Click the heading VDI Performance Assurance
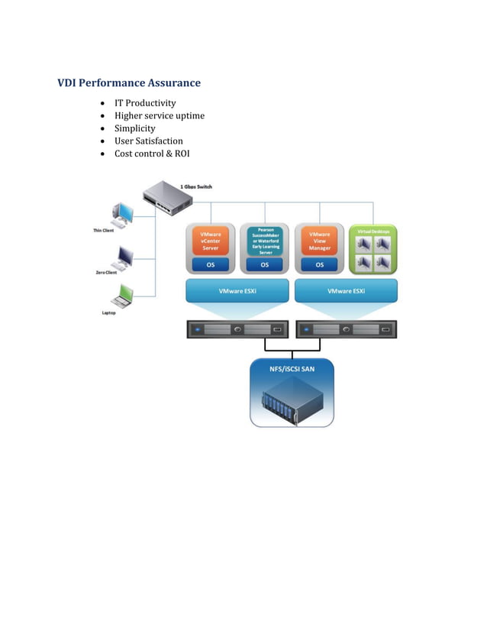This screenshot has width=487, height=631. click(129, 83)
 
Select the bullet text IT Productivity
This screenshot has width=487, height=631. click(145, 103)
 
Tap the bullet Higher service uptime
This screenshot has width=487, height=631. click(160, 116)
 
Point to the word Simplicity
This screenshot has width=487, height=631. click(134, 128)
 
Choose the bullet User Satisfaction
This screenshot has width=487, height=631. click(149, 141)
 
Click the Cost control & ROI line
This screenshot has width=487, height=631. click(152, 154)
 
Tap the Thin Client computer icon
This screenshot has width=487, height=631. click(122, 214)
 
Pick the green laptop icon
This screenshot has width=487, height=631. click(122, 295)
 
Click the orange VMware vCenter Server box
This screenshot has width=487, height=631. click(210, 241)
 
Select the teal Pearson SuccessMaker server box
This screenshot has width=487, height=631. click(265, 241)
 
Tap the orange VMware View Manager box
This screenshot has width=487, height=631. click(319, 241)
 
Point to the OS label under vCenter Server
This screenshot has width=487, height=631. click(210, 265)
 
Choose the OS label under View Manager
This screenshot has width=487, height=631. click(319, 265)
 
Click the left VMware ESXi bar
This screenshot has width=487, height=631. click(237, 291)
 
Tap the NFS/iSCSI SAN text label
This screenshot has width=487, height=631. click(292, 370)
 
